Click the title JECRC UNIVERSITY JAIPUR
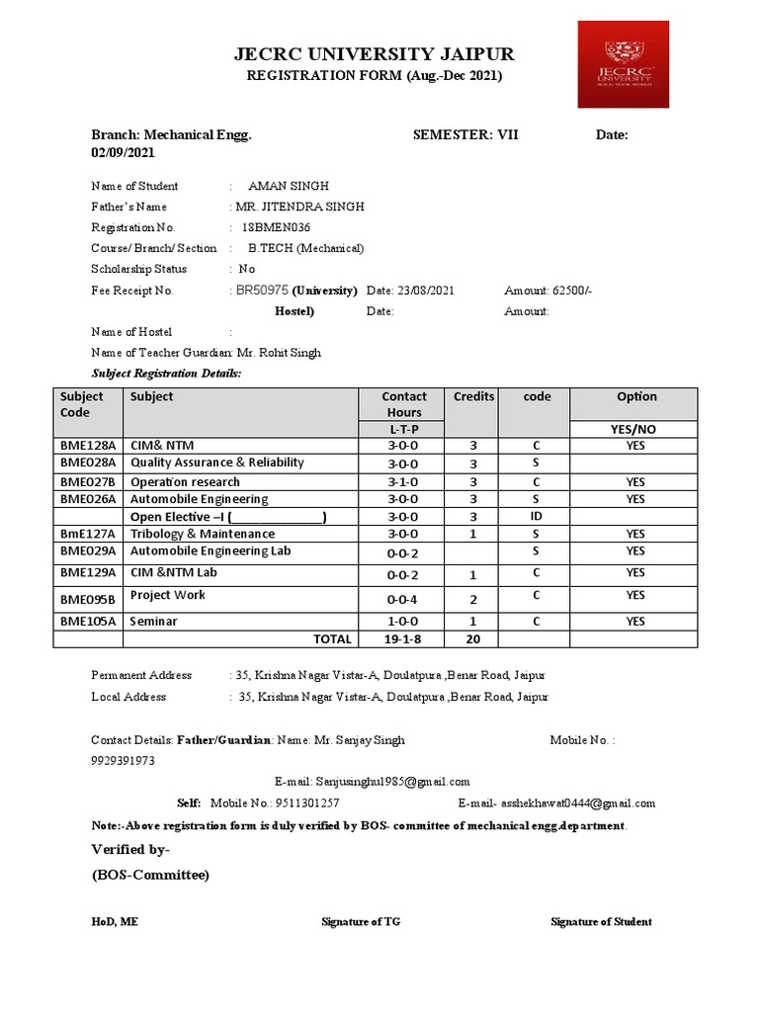coord(374,54)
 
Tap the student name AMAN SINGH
coord(289,186)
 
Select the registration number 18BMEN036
coord(282,227)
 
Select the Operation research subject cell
coord(186,482)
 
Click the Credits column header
coord(473,397)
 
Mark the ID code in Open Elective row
coord(536,517)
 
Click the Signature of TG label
coord(361,922)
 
